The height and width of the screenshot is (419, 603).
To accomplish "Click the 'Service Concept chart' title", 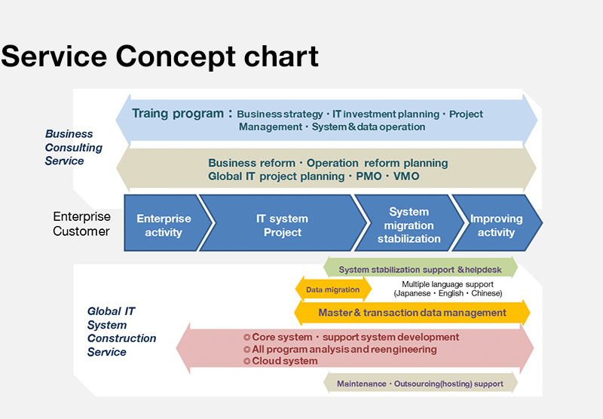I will pos(160,57).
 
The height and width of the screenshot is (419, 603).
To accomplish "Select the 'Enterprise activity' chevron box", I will pos(164,225).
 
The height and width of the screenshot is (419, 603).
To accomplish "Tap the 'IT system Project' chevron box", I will pos(282,225).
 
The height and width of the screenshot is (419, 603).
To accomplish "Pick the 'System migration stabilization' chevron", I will pos(409,225).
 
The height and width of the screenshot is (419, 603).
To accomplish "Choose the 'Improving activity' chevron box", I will pos(496,225).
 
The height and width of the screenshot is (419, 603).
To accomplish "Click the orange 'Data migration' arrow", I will pos(332,289).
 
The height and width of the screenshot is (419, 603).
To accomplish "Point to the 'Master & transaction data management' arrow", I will pos(412,313).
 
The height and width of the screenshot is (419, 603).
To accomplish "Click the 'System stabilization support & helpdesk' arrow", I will pos(421,269).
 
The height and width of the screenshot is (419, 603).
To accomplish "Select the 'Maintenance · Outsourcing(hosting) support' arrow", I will pos(420,384).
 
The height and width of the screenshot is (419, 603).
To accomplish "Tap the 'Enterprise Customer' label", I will pos(81,224).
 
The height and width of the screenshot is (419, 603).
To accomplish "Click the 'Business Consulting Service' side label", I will pos(73,148).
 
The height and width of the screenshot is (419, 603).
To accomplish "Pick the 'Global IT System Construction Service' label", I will pos(121,332).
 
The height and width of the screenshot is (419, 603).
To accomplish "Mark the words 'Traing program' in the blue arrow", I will pos(177,114).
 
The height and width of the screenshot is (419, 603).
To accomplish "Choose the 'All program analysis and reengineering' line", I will pos(340,350).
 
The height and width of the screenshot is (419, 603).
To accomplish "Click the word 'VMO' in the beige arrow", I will pos(405,176).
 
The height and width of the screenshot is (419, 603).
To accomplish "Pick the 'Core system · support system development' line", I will pos(351,338).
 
